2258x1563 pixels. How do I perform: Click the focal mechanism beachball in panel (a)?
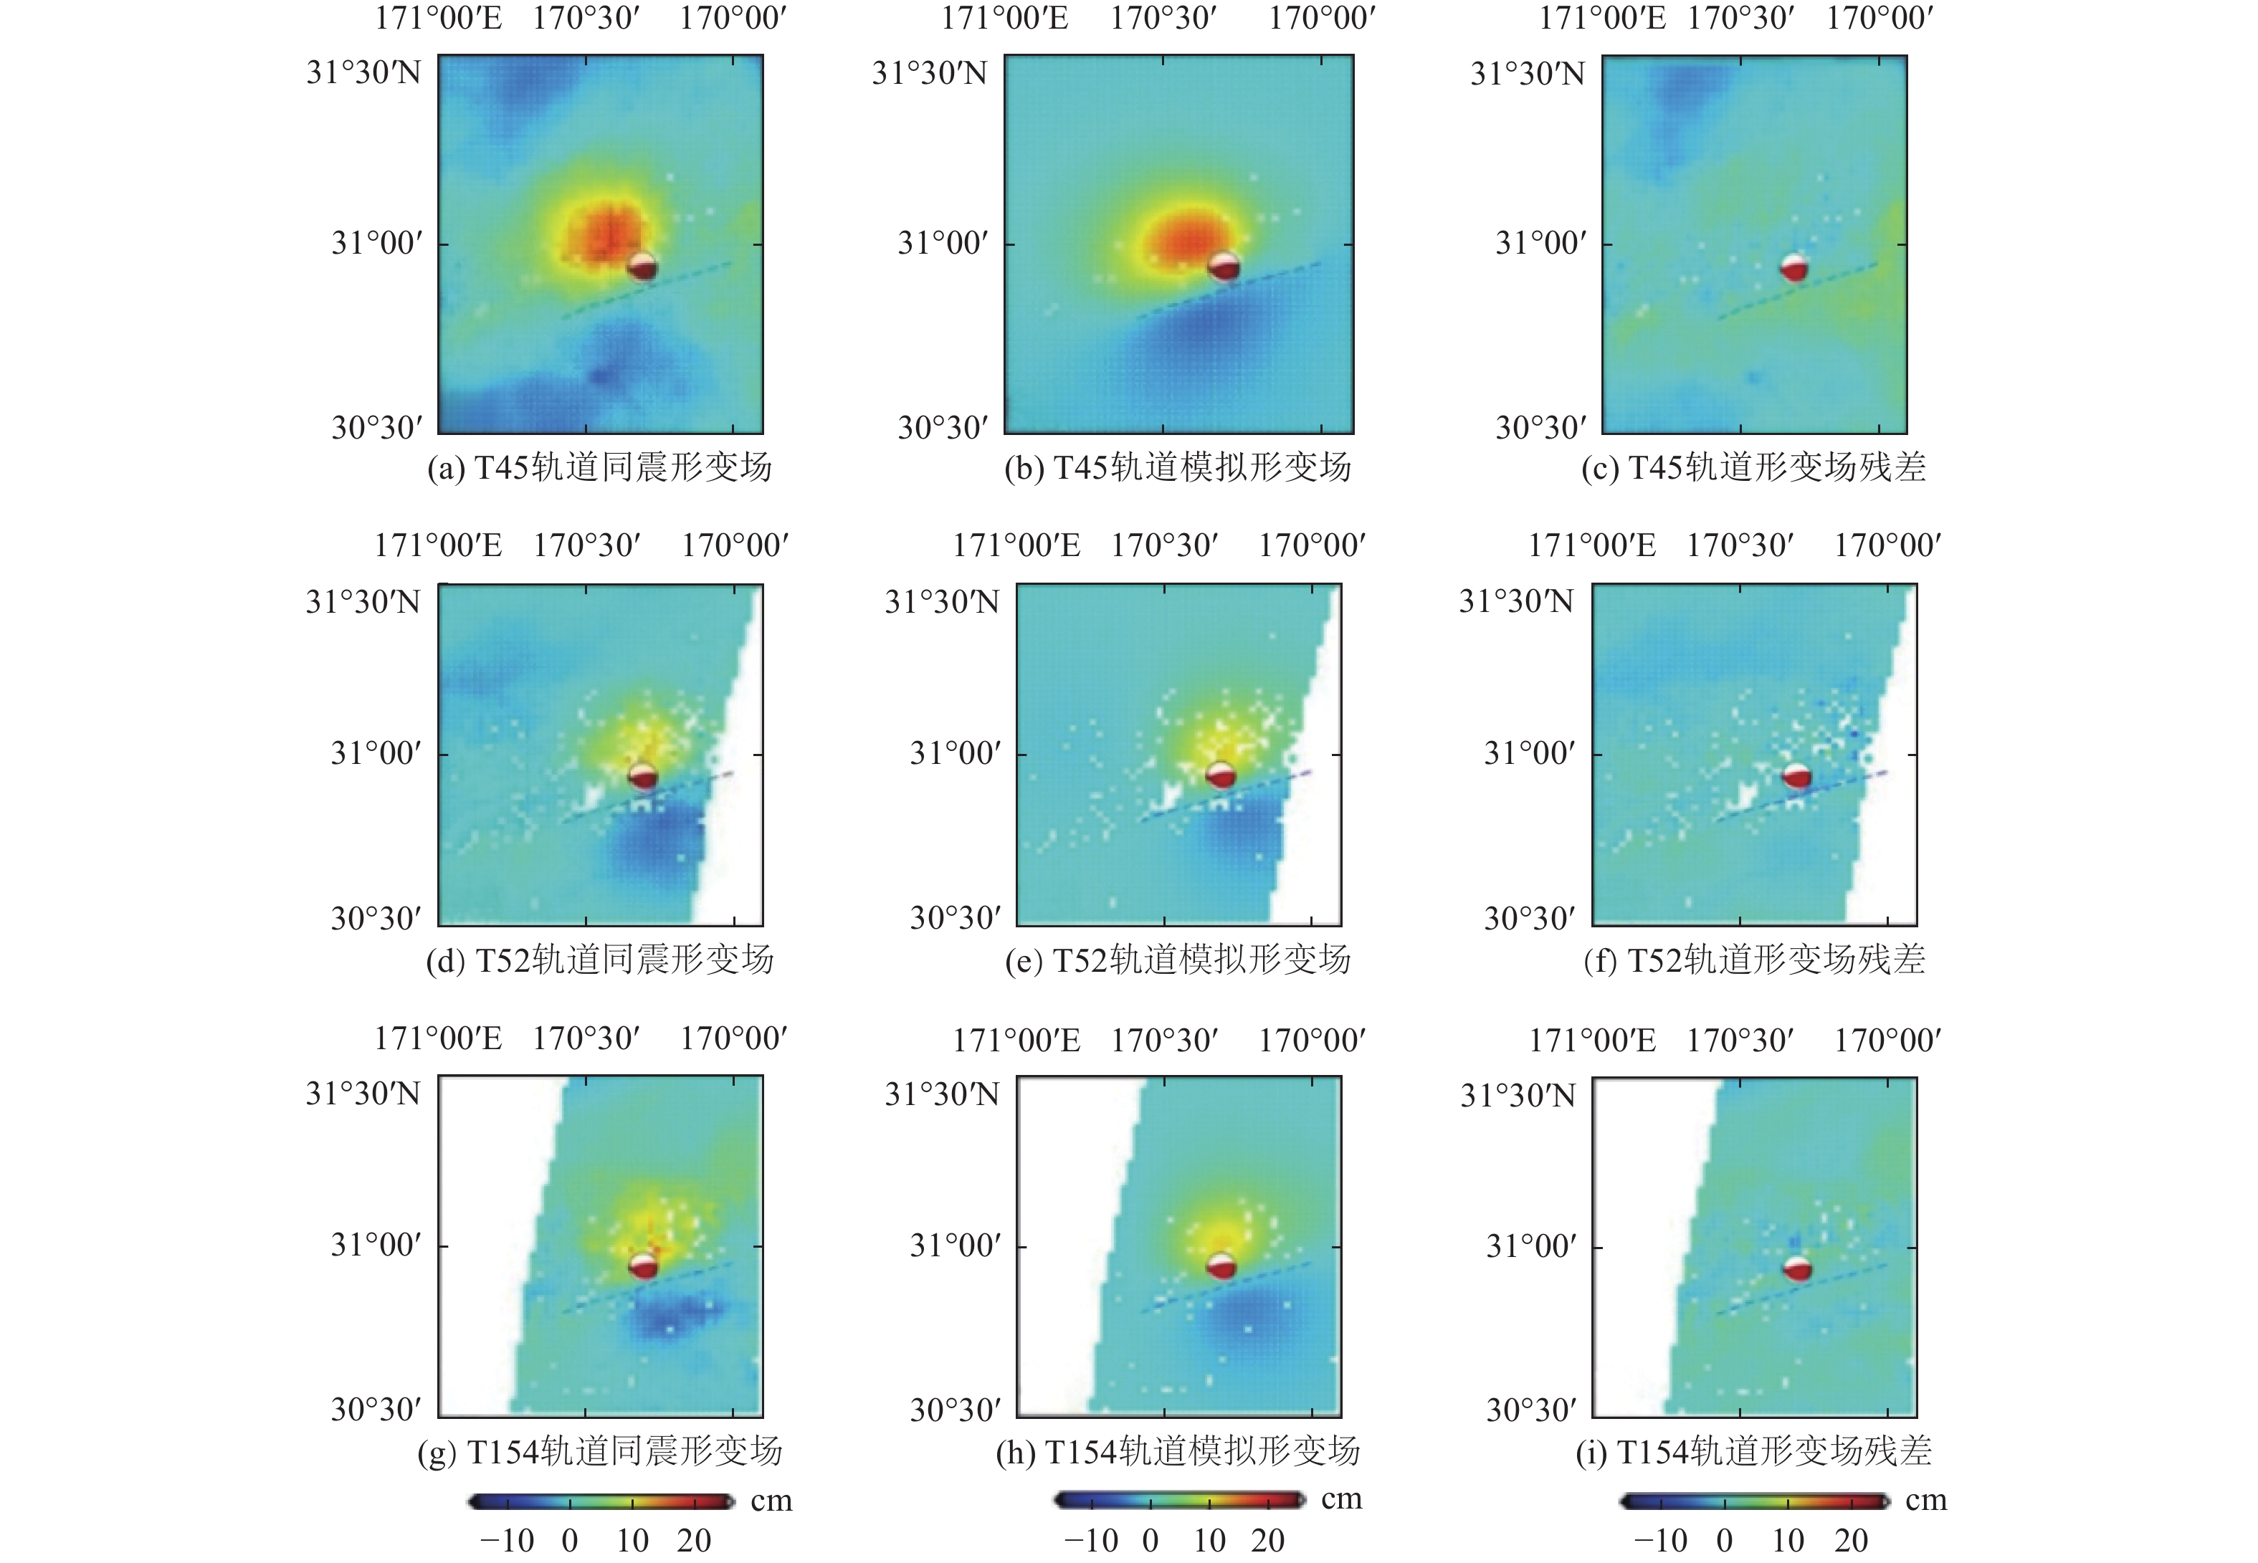[642, 265]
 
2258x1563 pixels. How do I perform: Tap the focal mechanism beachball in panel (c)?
[1793, 267]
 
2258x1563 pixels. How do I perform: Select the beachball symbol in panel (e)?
[1221, 775]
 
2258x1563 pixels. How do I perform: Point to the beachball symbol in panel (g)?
[642, 1266]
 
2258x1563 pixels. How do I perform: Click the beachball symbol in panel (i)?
[1796, 1269]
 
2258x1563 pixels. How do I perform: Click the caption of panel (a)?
[599, 468]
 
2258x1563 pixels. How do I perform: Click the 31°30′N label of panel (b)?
[930, 73]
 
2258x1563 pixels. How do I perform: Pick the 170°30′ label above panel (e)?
[1165, 545]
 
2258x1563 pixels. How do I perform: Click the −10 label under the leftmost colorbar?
[508, 1541]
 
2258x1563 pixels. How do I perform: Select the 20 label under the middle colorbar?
[1267, 1541]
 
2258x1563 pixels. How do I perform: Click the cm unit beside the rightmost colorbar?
[1925, 1501]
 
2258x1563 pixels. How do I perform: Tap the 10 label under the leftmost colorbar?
[632, 1541]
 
